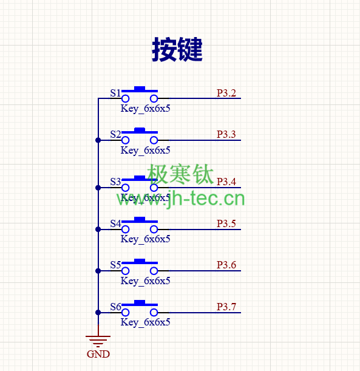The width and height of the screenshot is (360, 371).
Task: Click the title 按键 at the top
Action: (177, 50)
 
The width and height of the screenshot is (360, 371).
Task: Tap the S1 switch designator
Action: (115, 93)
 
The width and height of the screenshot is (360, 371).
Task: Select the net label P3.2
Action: (226, 93)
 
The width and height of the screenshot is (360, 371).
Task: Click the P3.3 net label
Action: (226, 134)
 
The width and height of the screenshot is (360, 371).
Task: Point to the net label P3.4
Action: (226, 182)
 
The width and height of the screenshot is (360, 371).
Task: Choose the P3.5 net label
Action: (226, 223)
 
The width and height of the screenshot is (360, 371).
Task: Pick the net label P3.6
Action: (226, 265)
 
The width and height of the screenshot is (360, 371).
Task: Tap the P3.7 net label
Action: (226, 307)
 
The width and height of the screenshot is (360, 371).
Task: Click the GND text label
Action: (98, 354)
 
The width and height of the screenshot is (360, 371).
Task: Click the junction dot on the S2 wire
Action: (98, 140)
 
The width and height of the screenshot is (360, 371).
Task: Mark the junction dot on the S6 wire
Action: (98, 313)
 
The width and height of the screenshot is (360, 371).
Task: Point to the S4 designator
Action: (115, 223)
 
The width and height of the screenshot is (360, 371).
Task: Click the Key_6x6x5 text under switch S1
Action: (145, 109)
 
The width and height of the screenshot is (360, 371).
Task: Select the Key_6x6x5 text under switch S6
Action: (145, 322)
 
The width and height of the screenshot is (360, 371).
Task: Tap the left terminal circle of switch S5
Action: (125, 271)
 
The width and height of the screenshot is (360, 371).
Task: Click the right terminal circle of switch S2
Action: (154, 140)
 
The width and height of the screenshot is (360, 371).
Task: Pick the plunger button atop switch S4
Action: (140, 219)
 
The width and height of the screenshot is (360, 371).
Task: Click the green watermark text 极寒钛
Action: (180, 174)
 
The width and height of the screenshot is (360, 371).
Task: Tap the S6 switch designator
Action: (115, 307)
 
